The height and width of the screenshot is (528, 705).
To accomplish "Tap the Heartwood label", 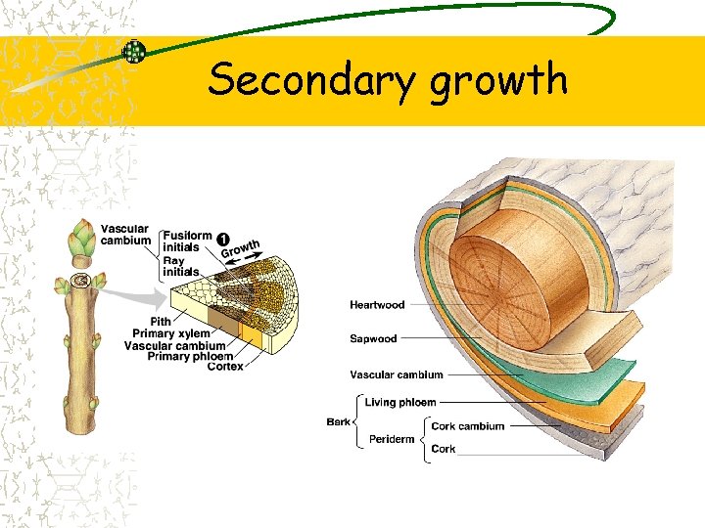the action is [x=377, y=305].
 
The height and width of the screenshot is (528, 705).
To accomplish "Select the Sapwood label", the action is [x=373, y=339].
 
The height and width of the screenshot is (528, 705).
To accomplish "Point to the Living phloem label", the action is [x=400, y=402].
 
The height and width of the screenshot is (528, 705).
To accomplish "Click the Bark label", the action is [x=338, y=421].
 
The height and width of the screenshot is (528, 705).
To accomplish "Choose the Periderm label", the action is [x=391, y=439].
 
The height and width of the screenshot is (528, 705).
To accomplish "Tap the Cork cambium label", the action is [x=468, y=426].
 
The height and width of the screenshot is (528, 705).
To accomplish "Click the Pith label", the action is [x=161, y=322].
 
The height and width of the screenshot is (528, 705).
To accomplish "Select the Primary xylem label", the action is [x=171, y=333].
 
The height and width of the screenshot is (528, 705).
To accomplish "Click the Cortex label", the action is [x=225, y=367].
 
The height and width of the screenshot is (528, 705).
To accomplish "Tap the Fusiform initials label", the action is [x=187, y=242].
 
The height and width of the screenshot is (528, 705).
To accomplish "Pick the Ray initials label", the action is [x=180, y=266].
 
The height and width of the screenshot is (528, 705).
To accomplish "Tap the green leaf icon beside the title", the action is [x=134, y=51].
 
